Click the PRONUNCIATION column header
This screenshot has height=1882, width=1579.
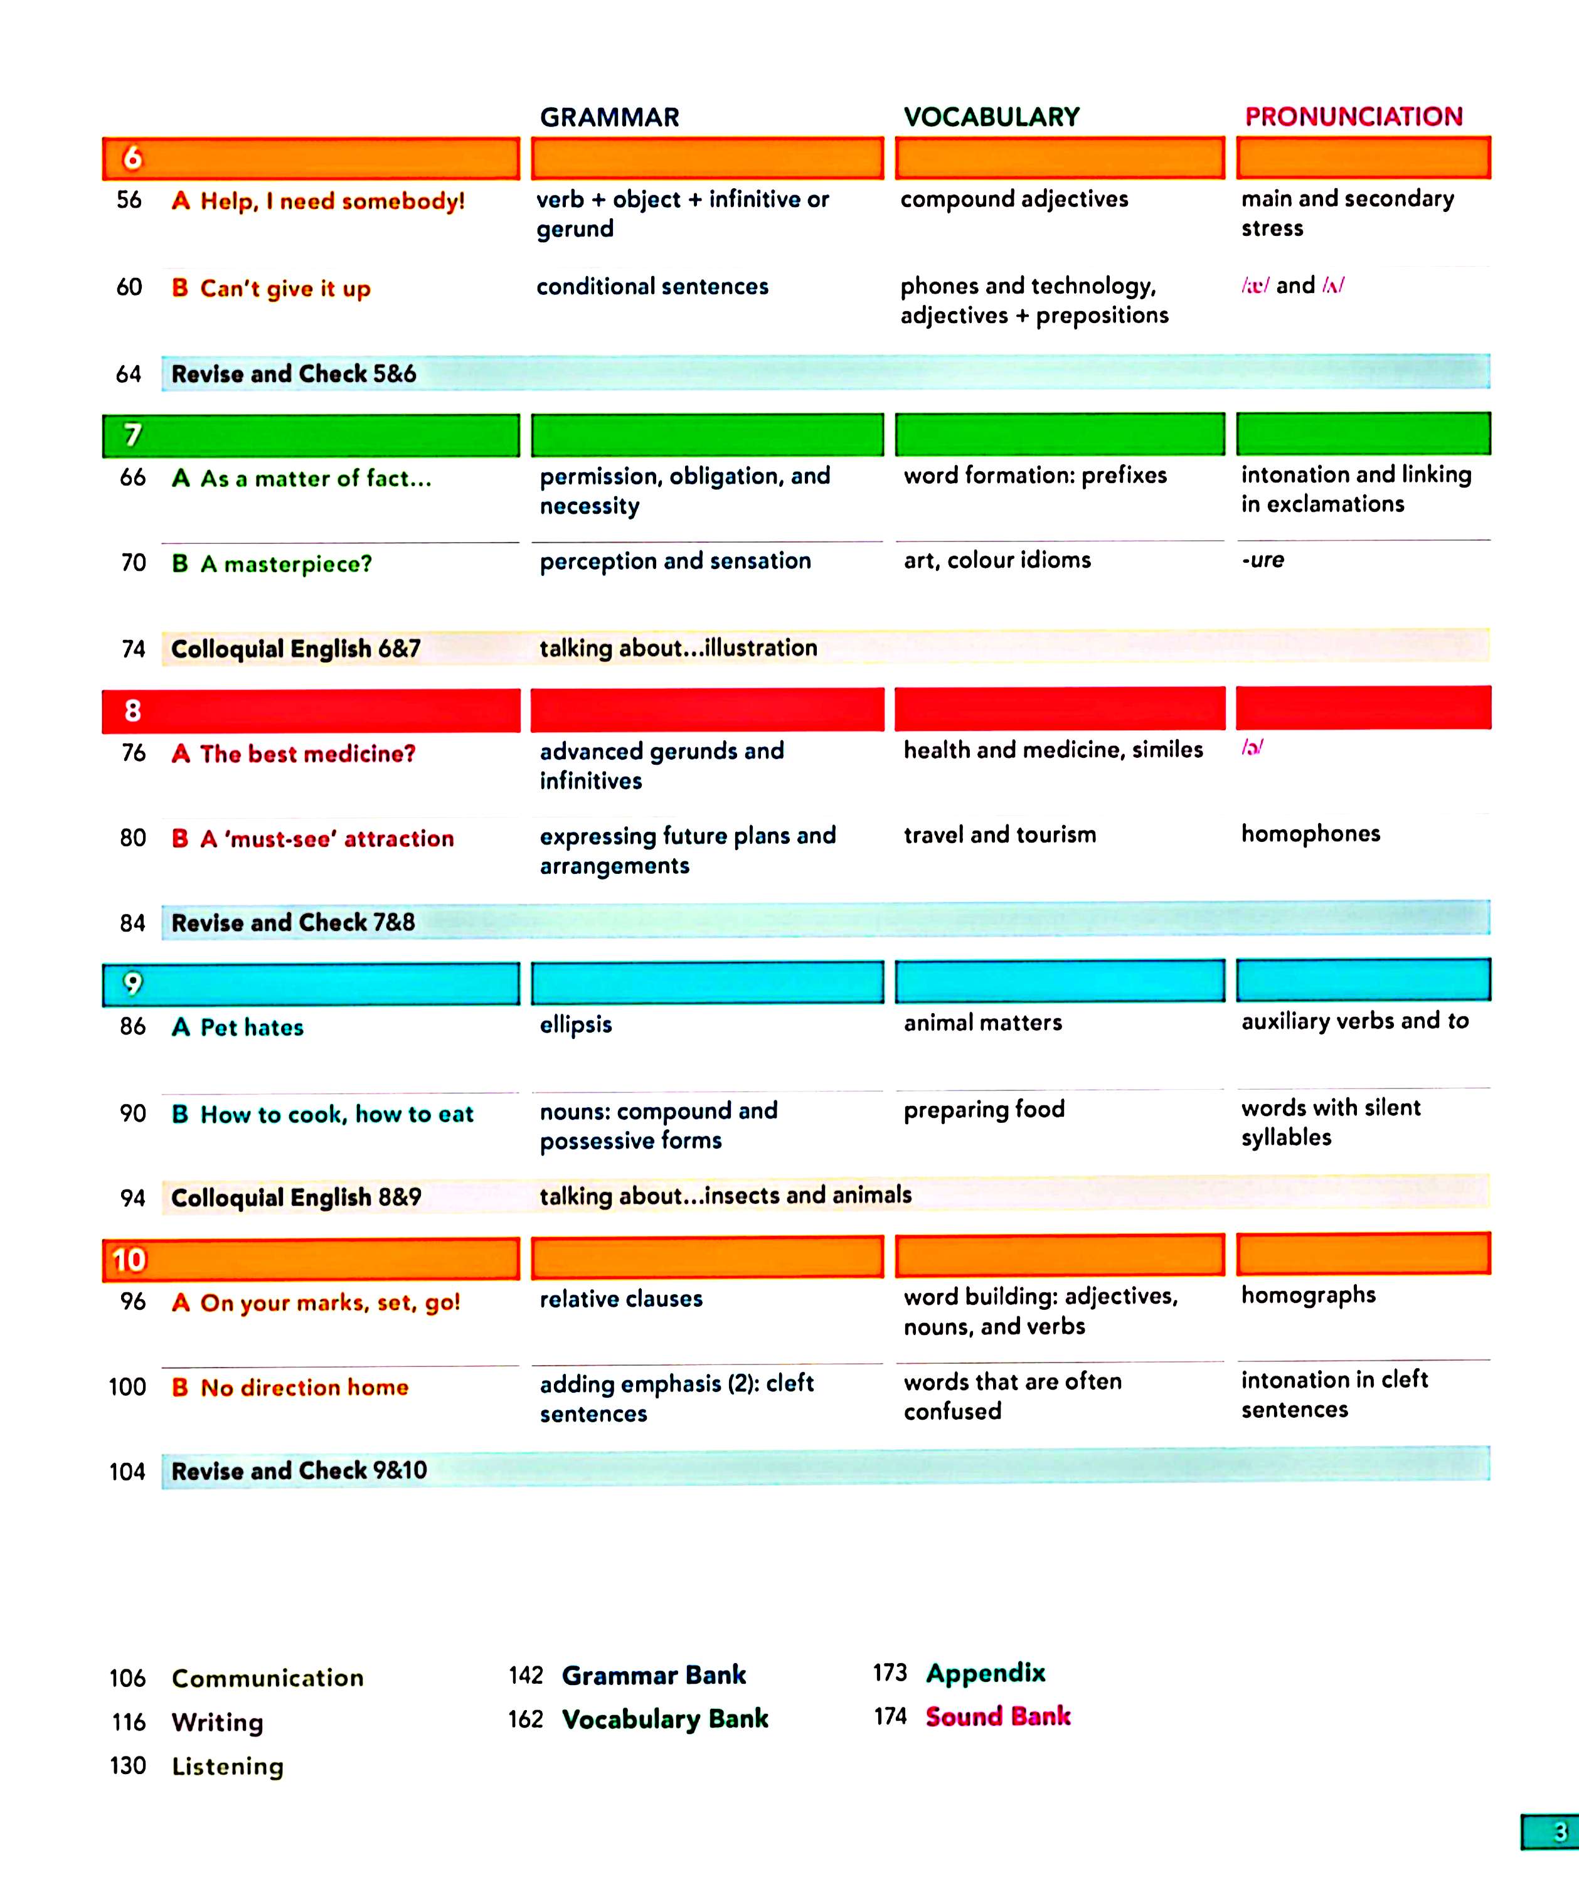(x=1353, y=117)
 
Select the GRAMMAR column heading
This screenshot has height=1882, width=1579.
(x=609, y=117)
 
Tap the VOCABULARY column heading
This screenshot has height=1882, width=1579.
(x=991, y=117)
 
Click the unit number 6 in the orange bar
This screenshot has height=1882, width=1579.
(x=132, y=159)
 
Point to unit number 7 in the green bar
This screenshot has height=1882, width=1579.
(x=132, y=435)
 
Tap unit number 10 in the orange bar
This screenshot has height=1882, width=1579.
(x=129, y=1260)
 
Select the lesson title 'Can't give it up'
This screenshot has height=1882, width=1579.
(x=284, y=289)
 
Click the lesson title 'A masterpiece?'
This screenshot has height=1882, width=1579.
(x=285, y=564)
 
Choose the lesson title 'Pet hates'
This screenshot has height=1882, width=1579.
(x=251, y=1027)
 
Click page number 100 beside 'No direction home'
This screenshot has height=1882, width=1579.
(x=127, y=1387)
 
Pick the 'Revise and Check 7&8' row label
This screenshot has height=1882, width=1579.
(x=293, y=922)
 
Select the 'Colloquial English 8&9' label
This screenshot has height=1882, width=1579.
(x=295, y=1198)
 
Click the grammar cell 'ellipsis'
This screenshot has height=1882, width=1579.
(x=575, y=1024)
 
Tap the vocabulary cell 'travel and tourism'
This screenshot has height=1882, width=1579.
(x=999, y=835)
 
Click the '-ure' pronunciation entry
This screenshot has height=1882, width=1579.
(x=1263, y=560)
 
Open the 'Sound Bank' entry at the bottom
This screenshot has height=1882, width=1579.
(x=997, y=1716)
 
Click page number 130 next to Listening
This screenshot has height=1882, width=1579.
(x=127, y=1765)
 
